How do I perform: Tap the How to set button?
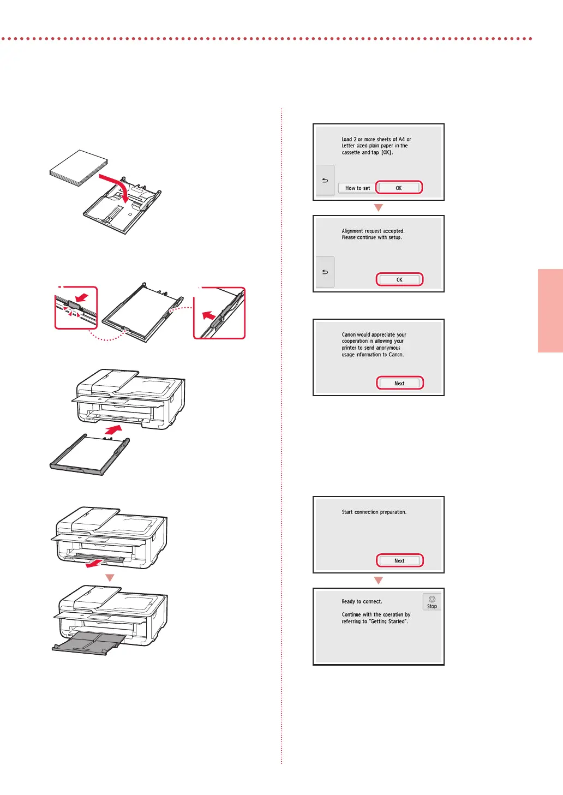(357, 188)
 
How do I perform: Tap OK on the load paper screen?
(399, 188)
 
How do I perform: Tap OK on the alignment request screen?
(399, 280)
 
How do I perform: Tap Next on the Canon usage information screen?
(399, 383)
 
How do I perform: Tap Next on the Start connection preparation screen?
(399, 561)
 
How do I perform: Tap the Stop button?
(432, 602)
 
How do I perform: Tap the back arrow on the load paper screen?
(325, 180)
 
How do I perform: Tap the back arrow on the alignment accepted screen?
(325, 272)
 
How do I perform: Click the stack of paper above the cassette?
(79, 168)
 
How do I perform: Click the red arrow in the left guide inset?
(82, 297)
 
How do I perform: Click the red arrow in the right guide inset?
(209, 315)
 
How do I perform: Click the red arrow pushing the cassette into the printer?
(113, 430)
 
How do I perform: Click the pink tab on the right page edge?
(550, 310)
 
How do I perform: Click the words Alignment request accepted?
(373, 231)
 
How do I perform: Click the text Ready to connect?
(362, 601)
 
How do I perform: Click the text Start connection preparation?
(374, 512)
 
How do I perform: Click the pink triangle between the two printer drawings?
(110, 578)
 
